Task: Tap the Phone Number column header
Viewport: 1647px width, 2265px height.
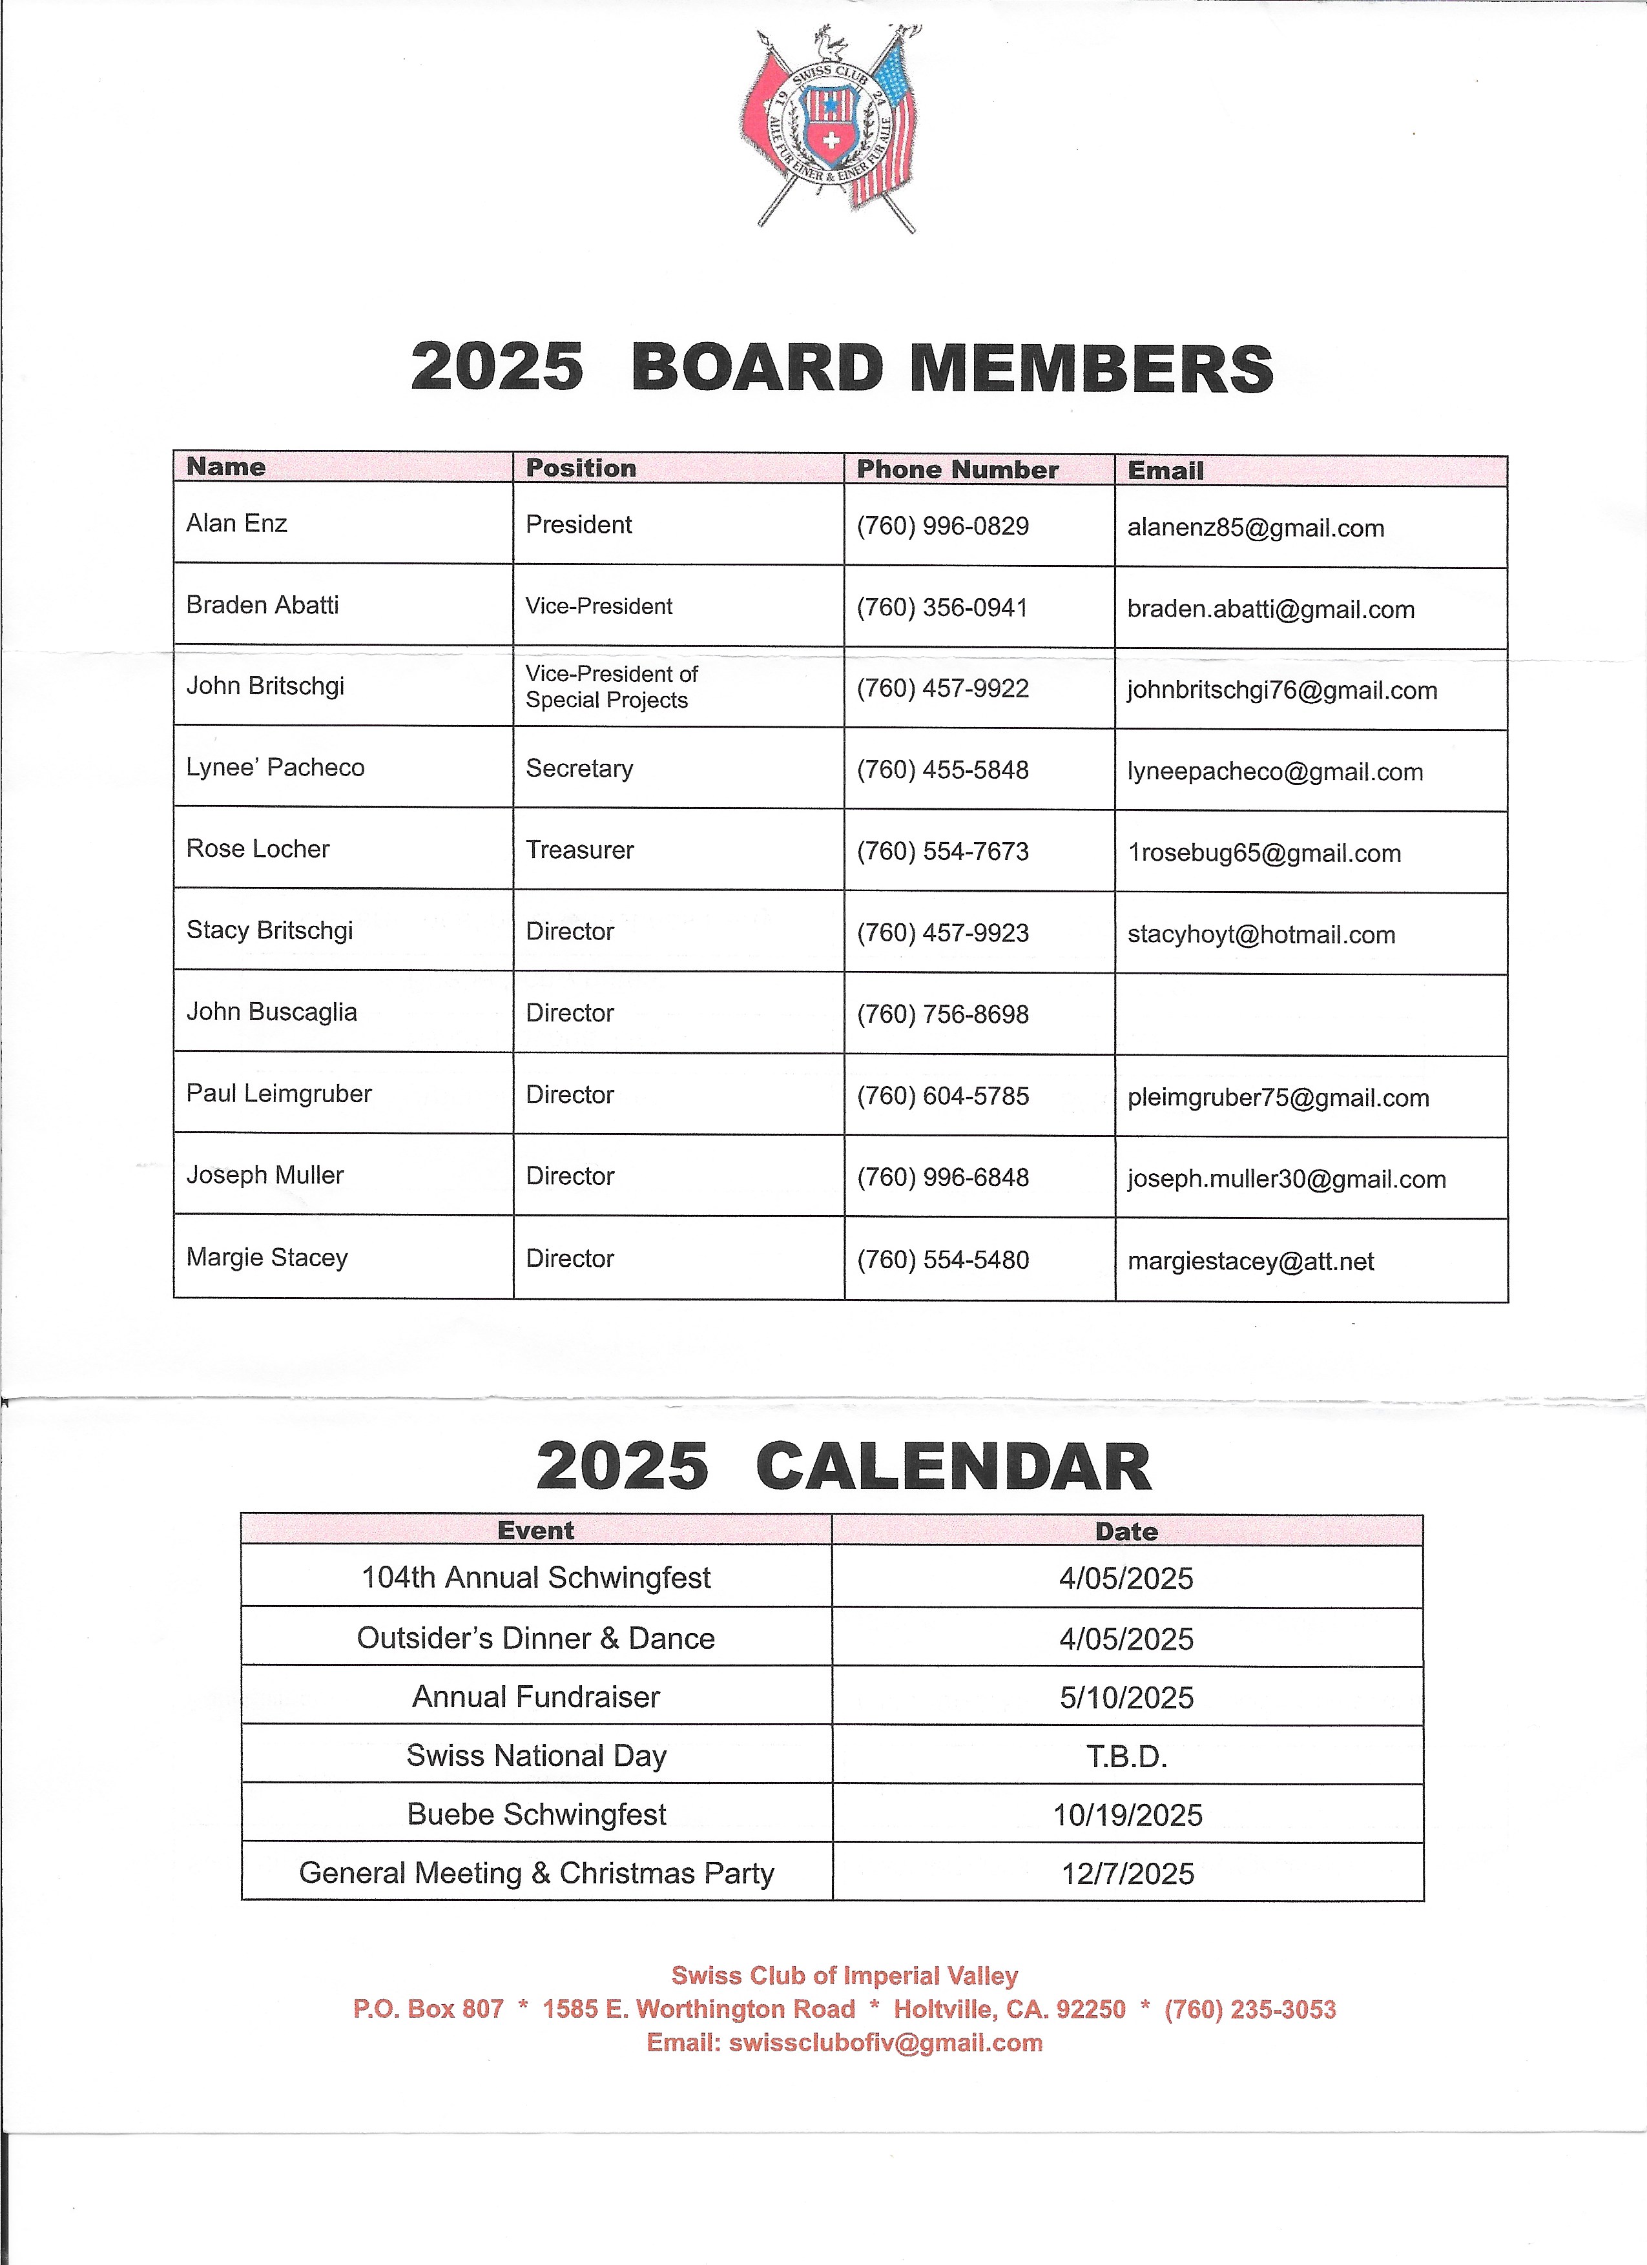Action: tap(957, 469)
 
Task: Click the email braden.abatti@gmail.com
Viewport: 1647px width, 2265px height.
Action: tap(1270, 610)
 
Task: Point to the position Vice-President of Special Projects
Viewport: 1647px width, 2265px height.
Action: tap(611, 687)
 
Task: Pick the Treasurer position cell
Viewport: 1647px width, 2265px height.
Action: tap(579, 850)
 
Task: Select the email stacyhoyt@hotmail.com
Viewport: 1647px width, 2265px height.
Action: tap(1261, 935)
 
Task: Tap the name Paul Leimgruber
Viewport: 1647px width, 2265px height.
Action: tap(278, 1094)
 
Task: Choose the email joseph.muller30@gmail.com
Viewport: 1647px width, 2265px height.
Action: tap(1287, 1180)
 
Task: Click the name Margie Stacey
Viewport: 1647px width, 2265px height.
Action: tap(267, 1257)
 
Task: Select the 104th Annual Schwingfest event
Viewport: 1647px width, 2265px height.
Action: tap(535, 1578)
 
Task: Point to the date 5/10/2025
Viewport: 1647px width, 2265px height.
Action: tap(1126, 1697)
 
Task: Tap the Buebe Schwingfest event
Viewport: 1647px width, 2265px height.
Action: tap(535, 1814)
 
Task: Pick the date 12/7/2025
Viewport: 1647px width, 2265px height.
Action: tap(1128, 1874)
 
